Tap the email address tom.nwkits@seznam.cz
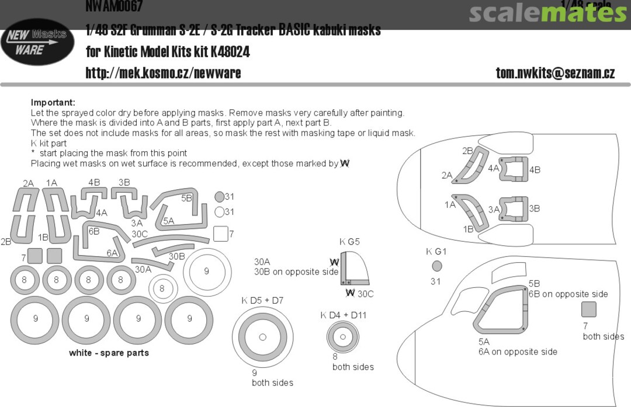(554, 73)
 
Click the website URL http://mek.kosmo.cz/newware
(163, 73)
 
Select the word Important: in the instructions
(53, 102)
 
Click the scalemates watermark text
(547, 13)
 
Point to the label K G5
(349, 242)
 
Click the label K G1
(436, 252)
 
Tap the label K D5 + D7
(262, 301)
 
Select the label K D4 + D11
(343, 315)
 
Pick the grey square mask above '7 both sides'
(589, 309)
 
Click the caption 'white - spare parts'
(109, 353)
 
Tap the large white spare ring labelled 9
(206, 271)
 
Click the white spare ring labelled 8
(162, 288)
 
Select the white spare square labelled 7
(220, 234)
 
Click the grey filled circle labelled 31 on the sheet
(219, 197)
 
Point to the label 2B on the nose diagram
(467, 151)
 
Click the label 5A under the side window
(484, 341)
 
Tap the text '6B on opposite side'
(568, 294)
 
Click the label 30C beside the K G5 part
(366, 293)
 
